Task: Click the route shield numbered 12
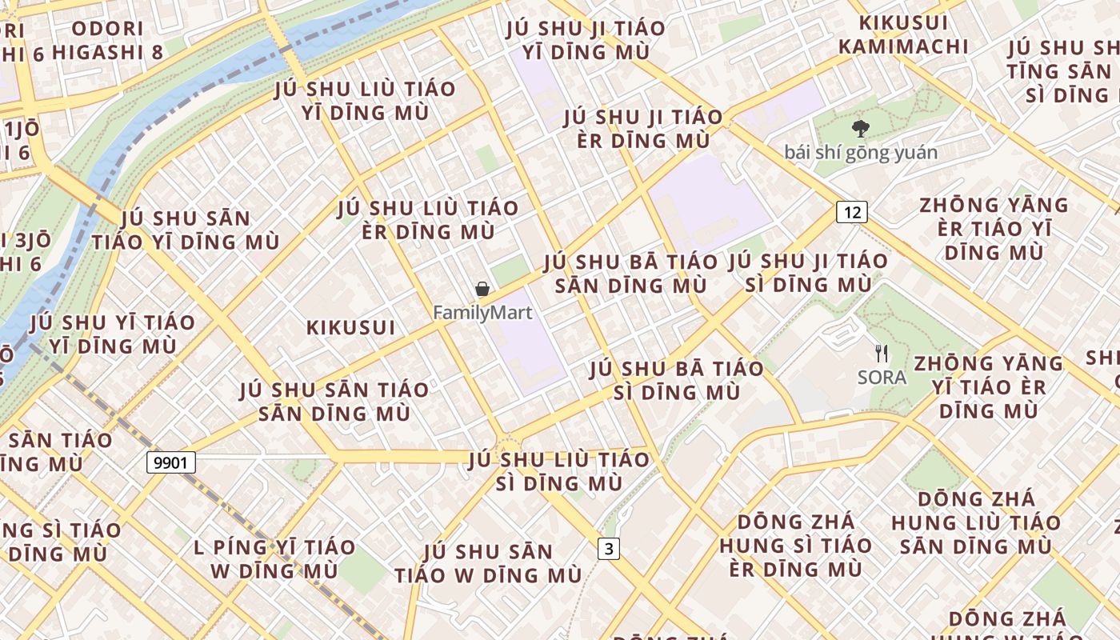pos(852,212)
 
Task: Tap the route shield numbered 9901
pos(171,462)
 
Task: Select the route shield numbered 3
pos(609,549)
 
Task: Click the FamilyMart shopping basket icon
pos(482,289)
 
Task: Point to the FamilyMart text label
pos(482,312)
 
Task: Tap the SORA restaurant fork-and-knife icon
pos(882,354)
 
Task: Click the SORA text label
pos(882,377)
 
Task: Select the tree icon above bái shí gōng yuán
pos(861,128)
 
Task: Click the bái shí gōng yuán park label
pos(861,152)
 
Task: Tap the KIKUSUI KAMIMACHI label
pos(903,34)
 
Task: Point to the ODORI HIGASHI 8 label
pos(118,40)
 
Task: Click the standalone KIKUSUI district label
pos(351,327)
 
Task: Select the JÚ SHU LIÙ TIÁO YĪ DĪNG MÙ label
pos(365,100)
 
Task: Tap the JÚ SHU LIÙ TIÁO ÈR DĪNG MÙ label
pos(427,220)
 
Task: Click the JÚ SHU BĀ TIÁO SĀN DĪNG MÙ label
pos(631,274)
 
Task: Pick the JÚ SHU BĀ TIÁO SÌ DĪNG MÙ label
pos(677,381)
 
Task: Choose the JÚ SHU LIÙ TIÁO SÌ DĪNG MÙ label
pos(559,471)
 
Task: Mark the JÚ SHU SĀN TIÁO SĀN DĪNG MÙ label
pos(334,402)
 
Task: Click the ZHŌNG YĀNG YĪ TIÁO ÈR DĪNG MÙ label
pos(989,387)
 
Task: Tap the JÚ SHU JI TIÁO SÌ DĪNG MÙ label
pos(808,273)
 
